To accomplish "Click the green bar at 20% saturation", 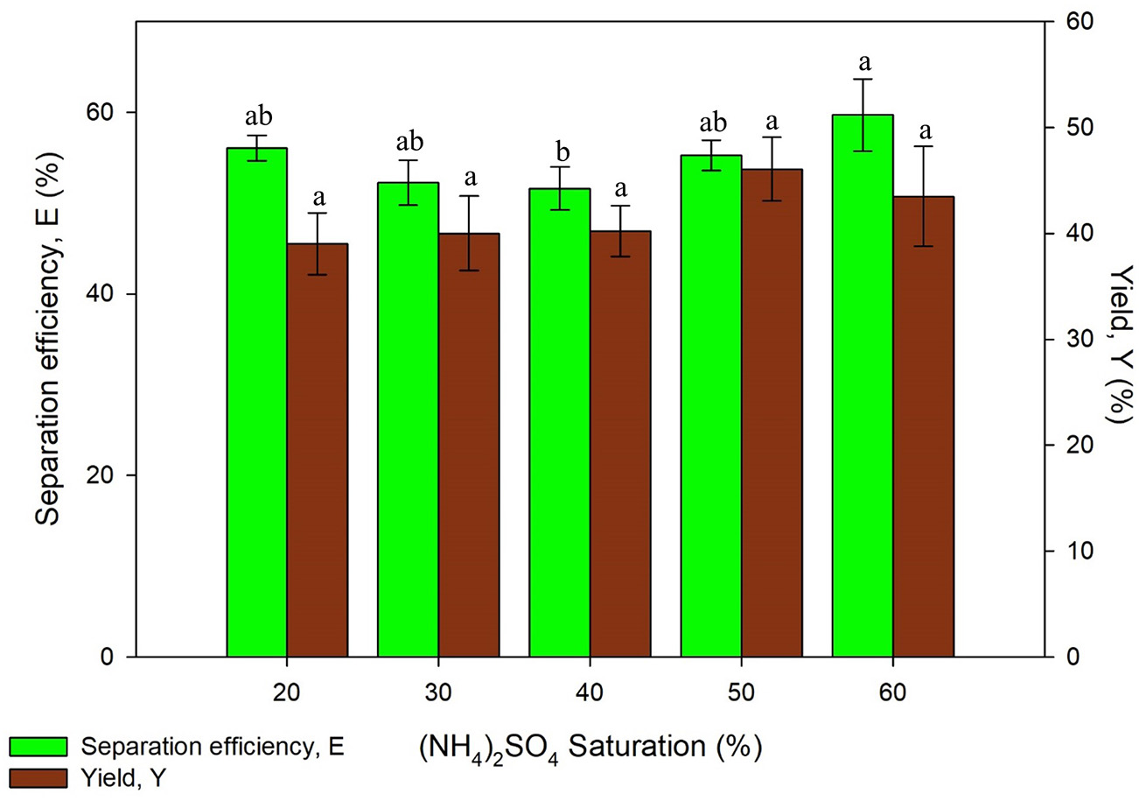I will coord(256,403).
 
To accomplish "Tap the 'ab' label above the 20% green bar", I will coord(257,116).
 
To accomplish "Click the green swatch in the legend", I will coord(39,746).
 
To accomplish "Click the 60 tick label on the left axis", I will coord(107,113).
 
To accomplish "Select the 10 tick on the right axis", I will coord(1071,551).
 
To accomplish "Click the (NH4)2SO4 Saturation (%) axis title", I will coord(590,749).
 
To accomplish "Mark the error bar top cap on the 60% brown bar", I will coord(923,146).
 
